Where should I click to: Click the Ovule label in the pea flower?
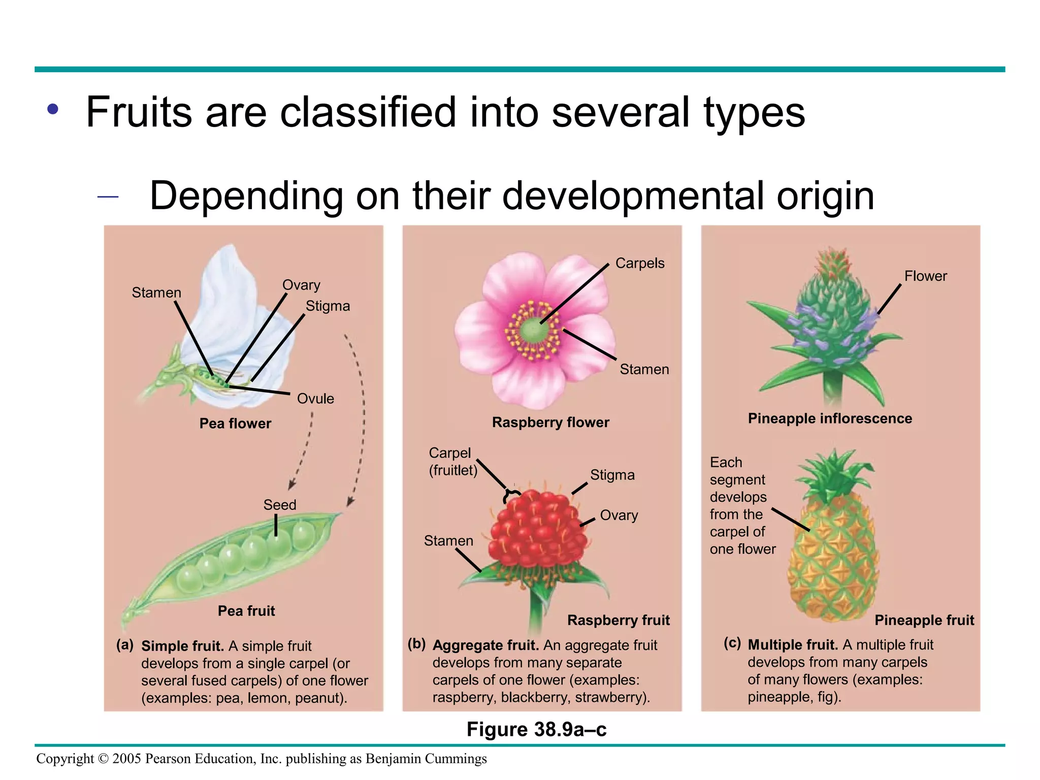tap(315, 399)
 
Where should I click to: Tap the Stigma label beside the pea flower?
tap(328, 306)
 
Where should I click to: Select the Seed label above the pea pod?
tap(279, 505)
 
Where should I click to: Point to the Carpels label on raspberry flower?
tap(639, 263)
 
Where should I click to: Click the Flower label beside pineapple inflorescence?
tap(925, 276)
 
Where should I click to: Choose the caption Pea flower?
tap(235, 424)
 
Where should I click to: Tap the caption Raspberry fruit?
tap(618, 620)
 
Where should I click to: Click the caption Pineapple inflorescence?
tap(830, 418)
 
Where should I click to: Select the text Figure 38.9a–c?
tap(536, 729)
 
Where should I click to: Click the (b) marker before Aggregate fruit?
tap(416, 644)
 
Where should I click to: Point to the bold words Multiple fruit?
tap(792, 645)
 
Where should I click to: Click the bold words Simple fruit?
tap(182, 646)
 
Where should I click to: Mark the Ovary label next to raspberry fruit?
tap(619, 515)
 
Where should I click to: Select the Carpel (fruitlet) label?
tap(452, 461)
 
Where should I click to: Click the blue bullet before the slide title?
tap(53, 109)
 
